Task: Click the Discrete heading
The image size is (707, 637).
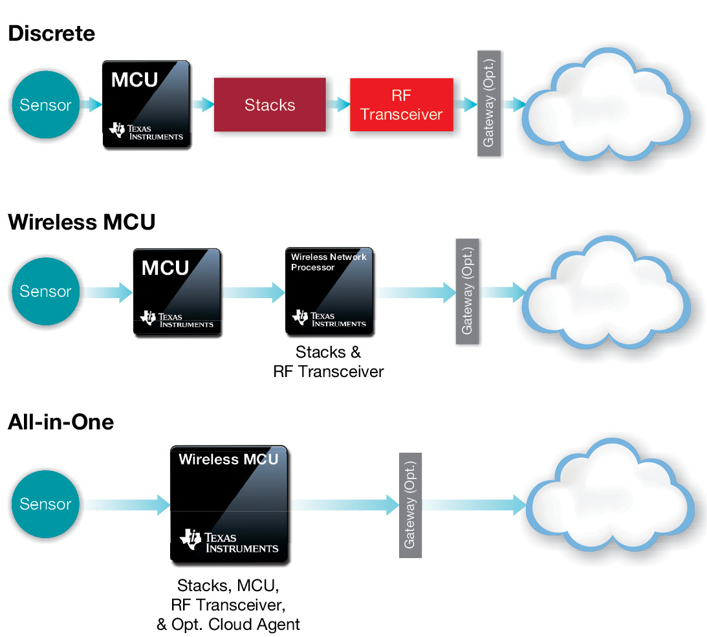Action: [52, 34]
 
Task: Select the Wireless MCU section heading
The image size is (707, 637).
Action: [82, 222]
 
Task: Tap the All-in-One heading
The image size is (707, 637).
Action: [61, 422]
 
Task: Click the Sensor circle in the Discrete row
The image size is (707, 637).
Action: [45, 105]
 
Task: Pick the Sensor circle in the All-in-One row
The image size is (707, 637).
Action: [45, 504]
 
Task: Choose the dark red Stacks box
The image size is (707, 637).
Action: [270, 105]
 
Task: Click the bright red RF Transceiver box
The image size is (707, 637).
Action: [402, 105]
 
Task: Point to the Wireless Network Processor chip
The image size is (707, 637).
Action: [329, 291]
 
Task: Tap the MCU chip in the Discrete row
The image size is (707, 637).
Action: [147, 105]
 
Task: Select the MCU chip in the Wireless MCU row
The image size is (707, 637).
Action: [177, 291]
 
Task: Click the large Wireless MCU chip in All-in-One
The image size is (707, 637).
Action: [228, 503]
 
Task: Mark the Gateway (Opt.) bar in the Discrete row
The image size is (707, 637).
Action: [489, 103]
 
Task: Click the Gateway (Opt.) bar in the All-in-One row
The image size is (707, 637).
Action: [410, 505]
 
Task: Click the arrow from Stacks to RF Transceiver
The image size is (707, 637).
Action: [338, 105]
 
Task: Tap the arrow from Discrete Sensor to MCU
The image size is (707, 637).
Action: [92, 104]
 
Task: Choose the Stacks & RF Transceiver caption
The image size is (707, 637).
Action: [329, 362]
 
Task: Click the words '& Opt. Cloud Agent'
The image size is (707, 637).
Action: [228, 624]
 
